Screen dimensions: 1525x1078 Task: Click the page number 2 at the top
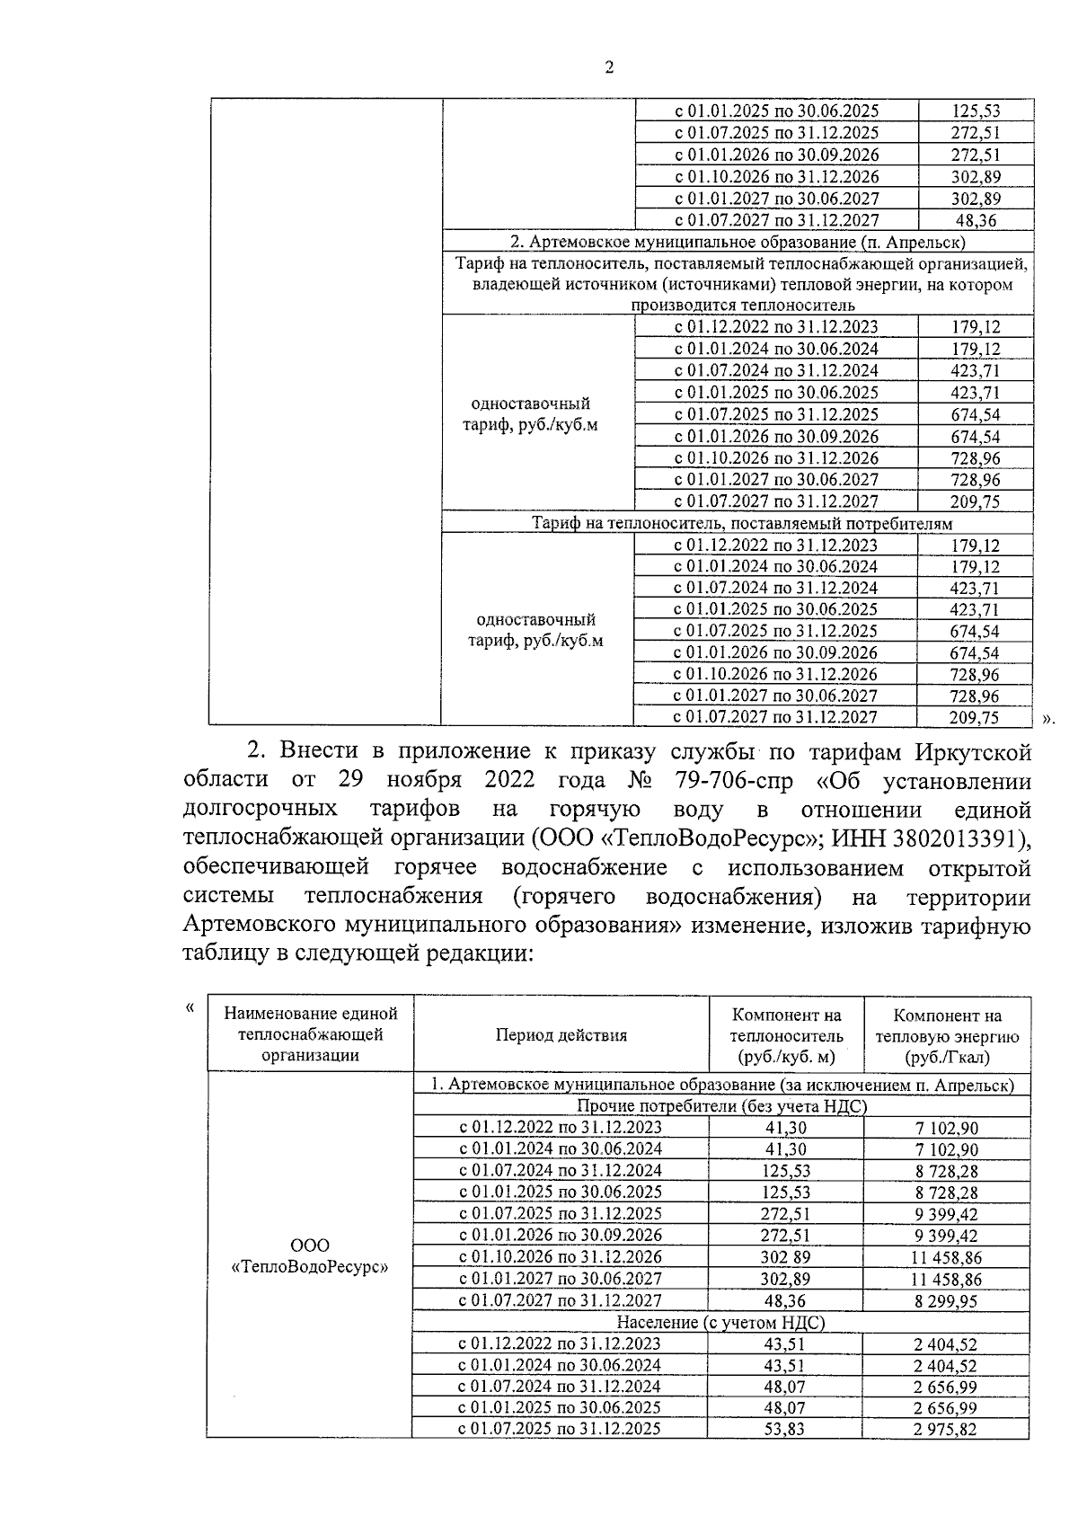coord(609,68)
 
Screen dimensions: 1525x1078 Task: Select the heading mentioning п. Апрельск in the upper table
coord(738,242)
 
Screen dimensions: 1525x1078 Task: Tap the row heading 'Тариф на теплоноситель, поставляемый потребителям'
coord(741,523)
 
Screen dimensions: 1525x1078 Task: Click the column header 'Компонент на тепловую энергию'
coord(947,1035)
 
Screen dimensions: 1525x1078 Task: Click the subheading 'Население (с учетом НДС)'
coord(720,1323)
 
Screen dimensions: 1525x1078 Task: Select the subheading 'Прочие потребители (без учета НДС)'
coord(721,1106)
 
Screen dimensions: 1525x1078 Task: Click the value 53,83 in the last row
coord(784,1430)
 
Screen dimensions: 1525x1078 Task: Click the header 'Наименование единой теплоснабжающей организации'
coord(310,1034)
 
